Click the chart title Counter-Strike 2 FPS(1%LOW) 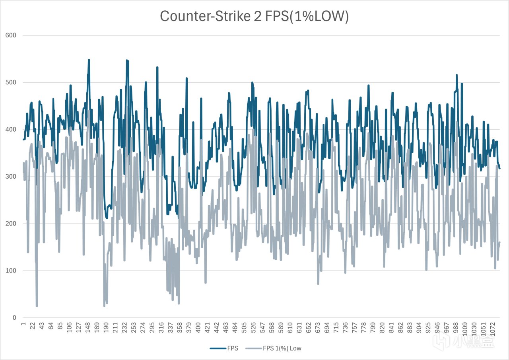(x=254, y=17)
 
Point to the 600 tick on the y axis (x=11, y=35)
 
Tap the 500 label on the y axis (x=11, y=82)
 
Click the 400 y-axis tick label (x=11, y=129)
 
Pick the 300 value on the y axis (x=11, y=177)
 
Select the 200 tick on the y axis (x=11, y=224)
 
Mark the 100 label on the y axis (x=11, y=270)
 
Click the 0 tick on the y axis (x=14, y=318)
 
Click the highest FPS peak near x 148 (x=89, y=60)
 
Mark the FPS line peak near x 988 (x=457, y=75)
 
